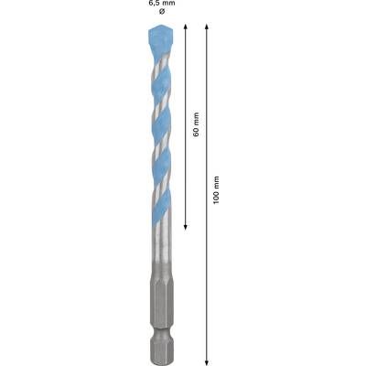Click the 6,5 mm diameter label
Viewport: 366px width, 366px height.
[x=162, y=4]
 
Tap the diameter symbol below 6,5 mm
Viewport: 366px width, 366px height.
[x=162, y=12]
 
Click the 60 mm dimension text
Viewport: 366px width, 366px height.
[x=196, y=124]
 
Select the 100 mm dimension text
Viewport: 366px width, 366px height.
[x=216, y=190]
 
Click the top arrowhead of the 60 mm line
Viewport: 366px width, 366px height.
[x=185, y=27]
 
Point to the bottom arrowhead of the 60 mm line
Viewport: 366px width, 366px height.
[x=185, y=227]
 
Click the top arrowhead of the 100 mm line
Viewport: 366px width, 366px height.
[x=207, y=27]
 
